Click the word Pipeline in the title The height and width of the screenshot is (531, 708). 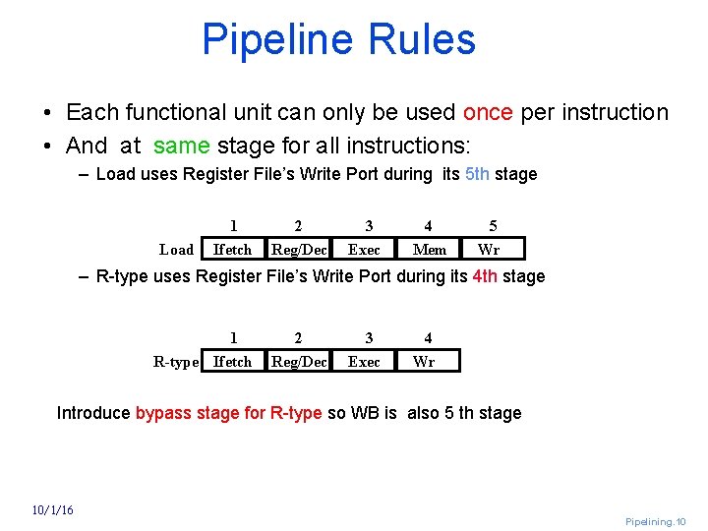pyautogui.click(x=277, y=39)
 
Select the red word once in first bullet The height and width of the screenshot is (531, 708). pyautogui.click(x=488, y=112)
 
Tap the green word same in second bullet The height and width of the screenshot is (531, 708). pyautogui.click(x=181, y=147)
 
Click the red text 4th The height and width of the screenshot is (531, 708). pyautogui.click(x=484, y=276)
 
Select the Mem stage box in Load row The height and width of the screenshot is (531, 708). pyautogui.click(x=430, y=249)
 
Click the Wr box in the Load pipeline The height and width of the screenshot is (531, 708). pyautogui.click(x=489, y=249)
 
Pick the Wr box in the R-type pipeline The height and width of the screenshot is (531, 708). pyautogui.click(x=424, y=361)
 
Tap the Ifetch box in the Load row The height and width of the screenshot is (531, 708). pyautogui.click(x=233, y=249)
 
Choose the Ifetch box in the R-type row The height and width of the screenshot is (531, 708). pyautogui.click(x=233, y=361)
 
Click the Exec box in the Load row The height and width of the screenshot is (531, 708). pyautogui.click(x=364, y=249)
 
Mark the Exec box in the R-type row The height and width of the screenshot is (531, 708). pyautogui.click(x=364, y=361)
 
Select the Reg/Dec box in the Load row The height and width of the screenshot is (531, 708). pyautogui.click(x=299, y=249)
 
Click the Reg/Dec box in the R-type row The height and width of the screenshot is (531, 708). pyautogui.click(x=299, y=361)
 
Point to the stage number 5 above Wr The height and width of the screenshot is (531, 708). pyautogui.click(x=493, y=226)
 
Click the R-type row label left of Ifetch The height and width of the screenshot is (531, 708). pyautogui.click(x=176, y=362)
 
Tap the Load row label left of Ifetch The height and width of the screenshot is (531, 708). pyautogui.click(x=177, y=250)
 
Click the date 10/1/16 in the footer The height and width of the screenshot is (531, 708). pyautogui.click(x=51, y=509)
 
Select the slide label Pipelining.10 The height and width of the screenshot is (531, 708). pyautogui.click(x=656, y=521)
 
